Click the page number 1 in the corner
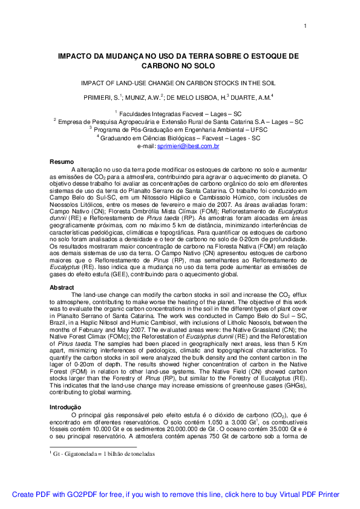pos(306,25)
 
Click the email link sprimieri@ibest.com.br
pos(188,146)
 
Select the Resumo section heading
pos(61,162)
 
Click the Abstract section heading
pos(62,287)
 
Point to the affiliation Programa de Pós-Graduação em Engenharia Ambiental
pos(178,129)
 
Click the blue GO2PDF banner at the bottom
pos(176,494)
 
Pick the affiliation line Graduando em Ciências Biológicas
pos(180,138)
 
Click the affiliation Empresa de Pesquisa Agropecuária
pos(180,122)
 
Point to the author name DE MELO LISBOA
pos(200,97)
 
